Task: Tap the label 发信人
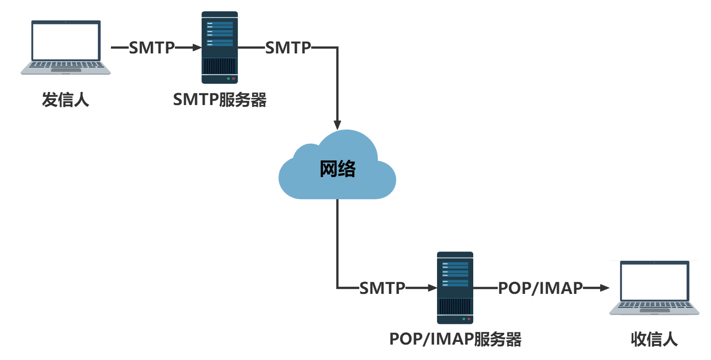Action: pos(66,100)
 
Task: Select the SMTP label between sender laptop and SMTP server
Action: pos(152,48)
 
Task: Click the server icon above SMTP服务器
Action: pos(220,48)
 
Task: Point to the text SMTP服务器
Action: pos(220,100)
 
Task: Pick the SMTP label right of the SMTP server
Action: pos(288,48)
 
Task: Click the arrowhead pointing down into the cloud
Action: pos(337,125)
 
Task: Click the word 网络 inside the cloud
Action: pos(337,168)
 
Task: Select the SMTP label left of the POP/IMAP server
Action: pos(382,288)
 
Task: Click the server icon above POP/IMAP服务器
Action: pos(455,288)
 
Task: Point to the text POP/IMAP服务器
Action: pos(455,339)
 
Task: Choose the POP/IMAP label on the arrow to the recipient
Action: pos(540,288)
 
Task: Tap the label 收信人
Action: pos(654,339)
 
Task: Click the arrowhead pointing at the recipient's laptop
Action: pos(605,288)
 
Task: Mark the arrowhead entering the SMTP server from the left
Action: pos(197,47)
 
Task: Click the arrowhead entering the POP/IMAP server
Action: pos(432,288)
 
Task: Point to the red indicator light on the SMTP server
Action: pos(234,79)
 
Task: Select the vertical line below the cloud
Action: pos(337,240)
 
